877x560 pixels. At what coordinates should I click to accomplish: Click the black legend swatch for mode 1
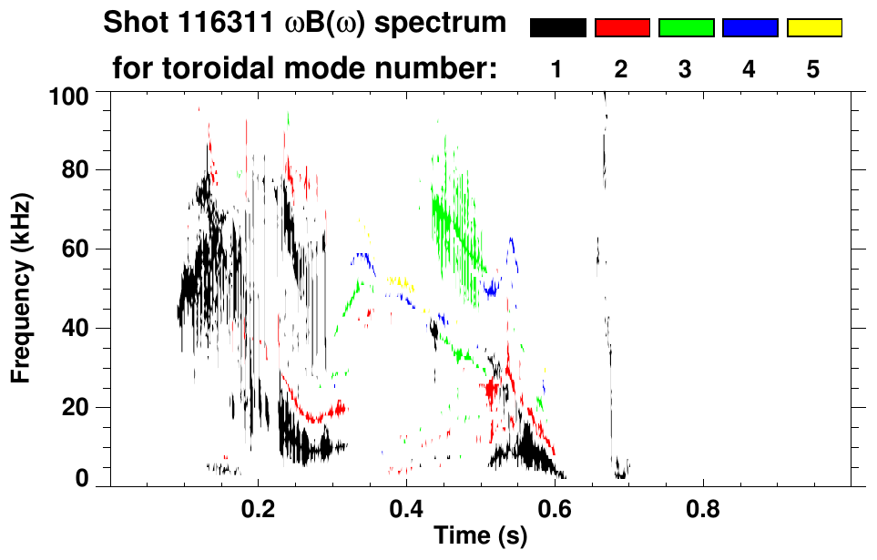pyautogui.click(x=558, y=28)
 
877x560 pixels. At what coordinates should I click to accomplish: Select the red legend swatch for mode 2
pyautogui.click(x=622, y=28)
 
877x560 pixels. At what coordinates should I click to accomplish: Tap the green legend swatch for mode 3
pyautogui.click(x=686, y=28)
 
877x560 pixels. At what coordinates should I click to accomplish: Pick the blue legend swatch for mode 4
pyautogui.click(x=750, y=28)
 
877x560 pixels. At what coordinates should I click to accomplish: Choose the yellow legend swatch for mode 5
pyautogui.click(x=813, y=28)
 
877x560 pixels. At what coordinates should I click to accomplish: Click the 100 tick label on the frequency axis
pyautogui.click(x=70, y=96)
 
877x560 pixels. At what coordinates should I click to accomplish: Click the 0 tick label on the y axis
pyautogui.click(x=83, y=478)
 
